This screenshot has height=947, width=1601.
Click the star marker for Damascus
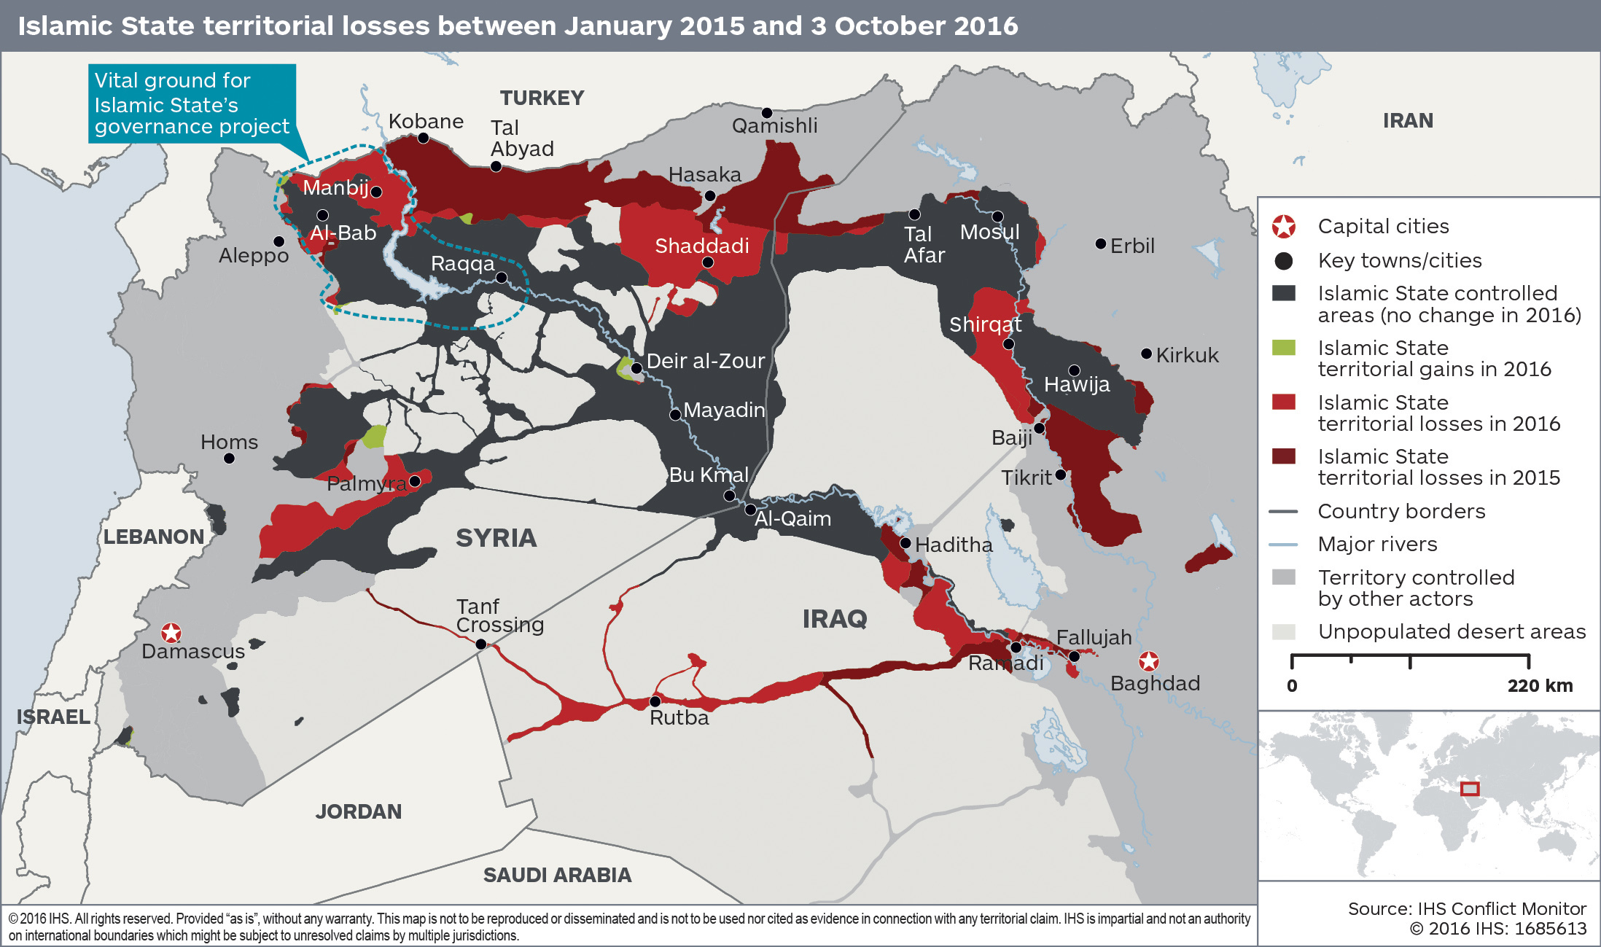tap(171, 632)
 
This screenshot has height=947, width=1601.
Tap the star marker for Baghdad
tap(1148, 661)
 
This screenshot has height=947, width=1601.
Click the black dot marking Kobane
tap(423, 138)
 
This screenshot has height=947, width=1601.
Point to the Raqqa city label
tap(462, 263)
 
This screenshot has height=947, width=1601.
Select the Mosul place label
tap(989, 233)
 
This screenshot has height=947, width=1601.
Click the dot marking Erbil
tap(1101, 243)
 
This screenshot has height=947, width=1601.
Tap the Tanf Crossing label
tap(499, 616)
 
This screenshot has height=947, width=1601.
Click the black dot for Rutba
tap(655, 701)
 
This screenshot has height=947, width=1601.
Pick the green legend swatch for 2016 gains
tap(1283, 348)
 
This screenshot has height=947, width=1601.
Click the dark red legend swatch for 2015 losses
tap(1283, 456)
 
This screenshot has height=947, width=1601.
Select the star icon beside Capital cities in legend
tap(1283, 227)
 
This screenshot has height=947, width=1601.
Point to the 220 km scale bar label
tap(1540, 686)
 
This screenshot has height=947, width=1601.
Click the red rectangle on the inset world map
tap(1470, 789)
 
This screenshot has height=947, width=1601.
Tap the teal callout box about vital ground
tap(192, 104)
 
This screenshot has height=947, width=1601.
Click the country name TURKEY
tap(542, 98)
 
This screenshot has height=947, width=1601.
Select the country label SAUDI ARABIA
tap(557, 875)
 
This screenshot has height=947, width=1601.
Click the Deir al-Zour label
tap(705, 361)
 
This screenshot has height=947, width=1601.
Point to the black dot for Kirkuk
tap(1146, 354)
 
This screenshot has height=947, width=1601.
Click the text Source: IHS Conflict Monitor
tap(1466, 908)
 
